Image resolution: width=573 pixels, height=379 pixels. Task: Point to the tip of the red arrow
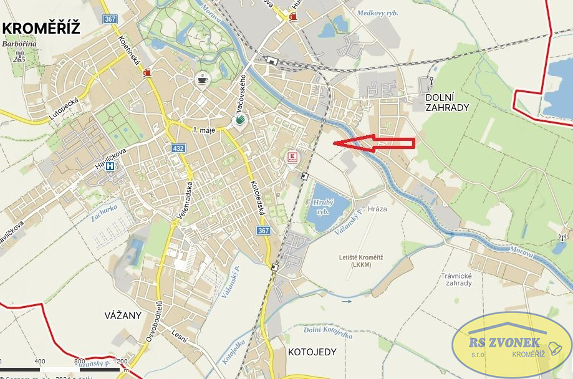[x=335, y=143]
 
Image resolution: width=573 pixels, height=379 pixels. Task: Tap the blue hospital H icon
[x=110, y=166]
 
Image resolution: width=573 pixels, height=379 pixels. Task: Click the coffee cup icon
[x=202, y=79]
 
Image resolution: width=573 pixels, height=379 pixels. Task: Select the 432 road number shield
[x=179, y=148]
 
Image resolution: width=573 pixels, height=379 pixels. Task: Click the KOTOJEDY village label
[x=312, y=352]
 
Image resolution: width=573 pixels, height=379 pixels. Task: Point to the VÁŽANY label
[x=123, y=315]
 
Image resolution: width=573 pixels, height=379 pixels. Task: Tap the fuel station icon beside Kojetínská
[x=147, y=72]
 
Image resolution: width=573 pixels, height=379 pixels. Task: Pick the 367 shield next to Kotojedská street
[x=263, y=231]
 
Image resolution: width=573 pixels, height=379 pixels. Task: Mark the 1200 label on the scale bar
[x=120, y=361]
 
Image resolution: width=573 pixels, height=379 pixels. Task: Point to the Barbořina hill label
[x=18, y=44]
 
